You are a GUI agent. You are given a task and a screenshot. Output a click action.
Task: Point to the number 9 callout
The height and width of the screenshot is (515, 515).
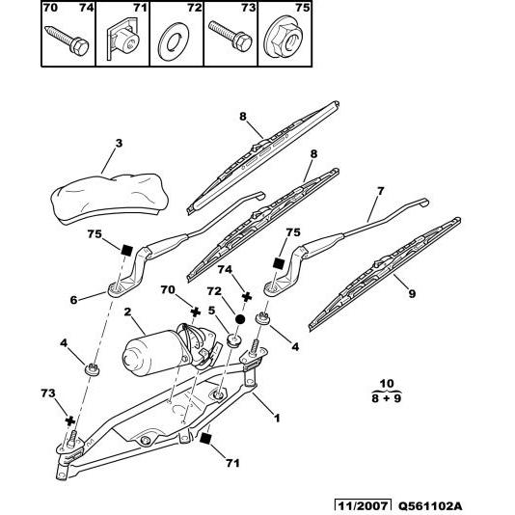tap(414, 293)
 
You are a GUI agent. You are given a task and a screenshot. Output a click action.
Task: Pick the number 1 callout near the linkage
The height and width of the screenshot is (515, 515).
tap(278, 418)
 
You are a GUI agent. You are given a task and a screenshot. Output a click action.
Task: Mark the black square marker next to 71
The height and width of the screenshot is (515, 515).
tap(205, 439)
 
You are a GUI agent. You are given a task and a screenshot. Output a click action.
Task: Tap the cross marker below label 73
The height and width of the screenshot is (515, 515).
tap(69, 421)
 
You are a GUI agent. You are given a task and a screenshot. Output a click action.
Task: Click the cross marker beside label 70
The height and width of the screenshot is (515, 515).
tap(195, 312)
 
